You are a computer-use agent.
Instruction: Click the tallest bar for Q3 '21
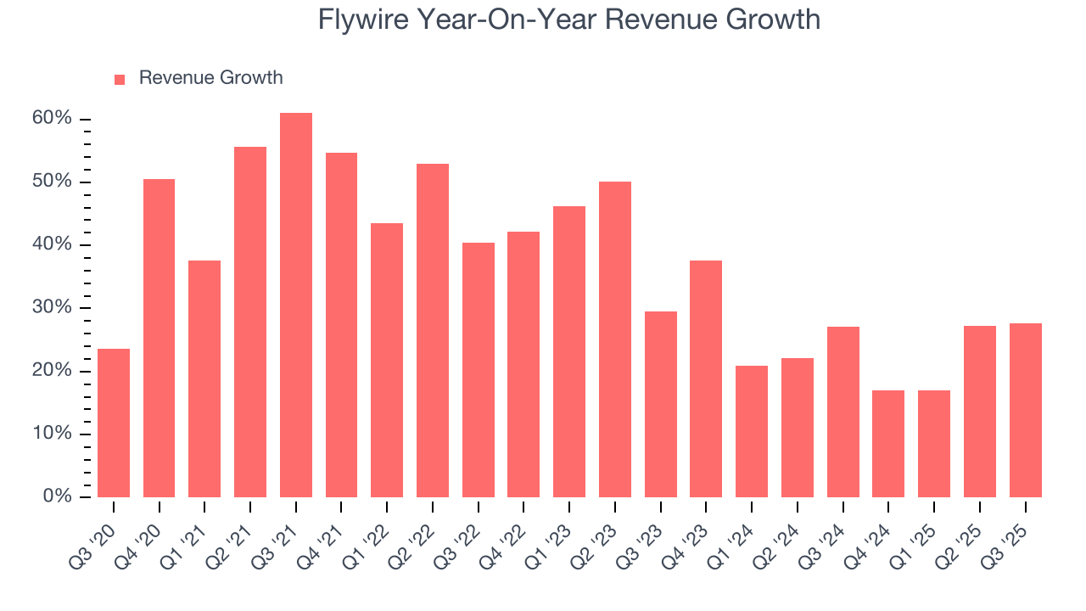pos(295,305)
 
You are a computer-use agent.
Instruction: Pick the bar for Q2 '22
pos(432,331)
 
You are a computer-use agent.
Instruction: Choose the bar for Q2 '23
pos(614,339)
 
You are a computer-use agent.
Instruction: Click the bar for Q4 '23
pos(706,378)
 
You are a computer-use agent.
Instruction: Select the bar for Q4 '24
pos(887,444)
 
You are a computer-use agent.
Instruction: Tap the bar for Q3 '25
pos(1025,410)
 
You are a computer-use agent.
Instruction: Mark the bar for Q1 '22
pos(387,360)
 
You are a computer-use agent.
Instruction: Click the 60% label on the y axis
pos(52,119)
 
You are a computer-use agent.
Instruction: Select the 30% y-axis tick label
pos(52,307)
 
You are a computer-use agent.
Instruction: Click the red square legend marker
pos(120,79)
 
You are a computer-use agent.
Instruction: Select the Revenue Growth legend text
pos(210,78)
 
